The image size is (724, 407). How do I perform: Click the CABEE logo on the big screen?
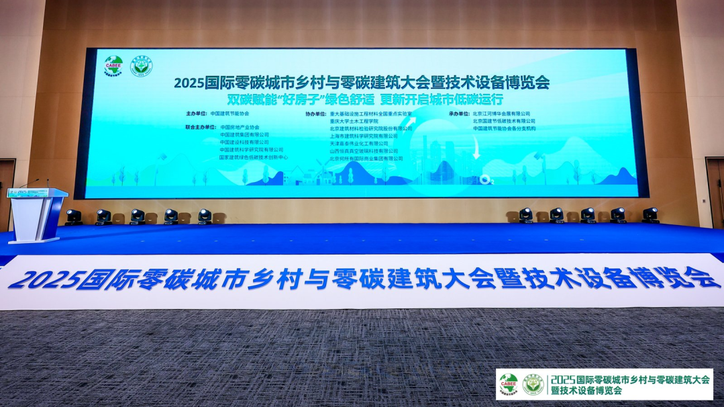113,66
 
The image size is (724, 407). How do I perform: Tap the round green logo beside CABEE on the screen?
142,66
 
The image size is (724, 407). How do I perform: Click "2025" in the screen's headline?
189,83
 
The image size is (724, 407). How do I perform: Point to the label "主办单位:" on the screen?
195,114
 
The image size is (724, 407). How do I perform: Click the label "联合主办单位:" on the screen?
200,127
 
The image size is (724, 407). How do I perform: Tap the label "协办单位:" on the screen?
316,114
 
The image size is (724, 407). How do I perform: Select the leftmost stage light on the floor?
73,216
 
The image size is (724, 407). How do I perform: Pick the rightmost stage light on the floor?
650,215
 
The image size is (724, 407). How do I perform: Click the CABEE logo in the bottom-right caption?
509,383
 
